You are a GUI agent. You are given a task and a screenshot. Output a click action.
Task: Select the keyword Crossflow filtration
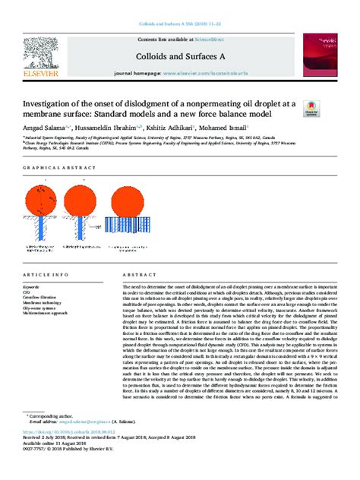[x=45, y=295]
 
